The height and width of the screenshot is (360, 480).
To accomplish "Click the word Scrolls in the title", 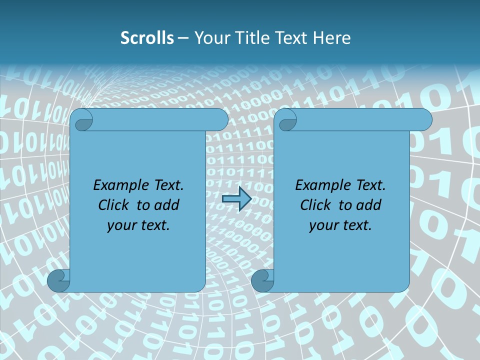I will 147,38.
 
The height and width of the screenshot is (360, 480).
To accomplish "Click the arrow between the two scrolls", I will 236,198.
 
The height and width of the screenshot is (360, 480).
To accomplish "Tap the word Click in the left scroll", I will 115,205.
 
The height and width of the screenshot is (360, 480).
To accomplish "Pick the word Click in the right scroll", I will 317,205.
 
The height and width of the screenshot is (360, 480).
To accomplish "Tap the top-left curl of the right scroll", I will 286,120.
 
